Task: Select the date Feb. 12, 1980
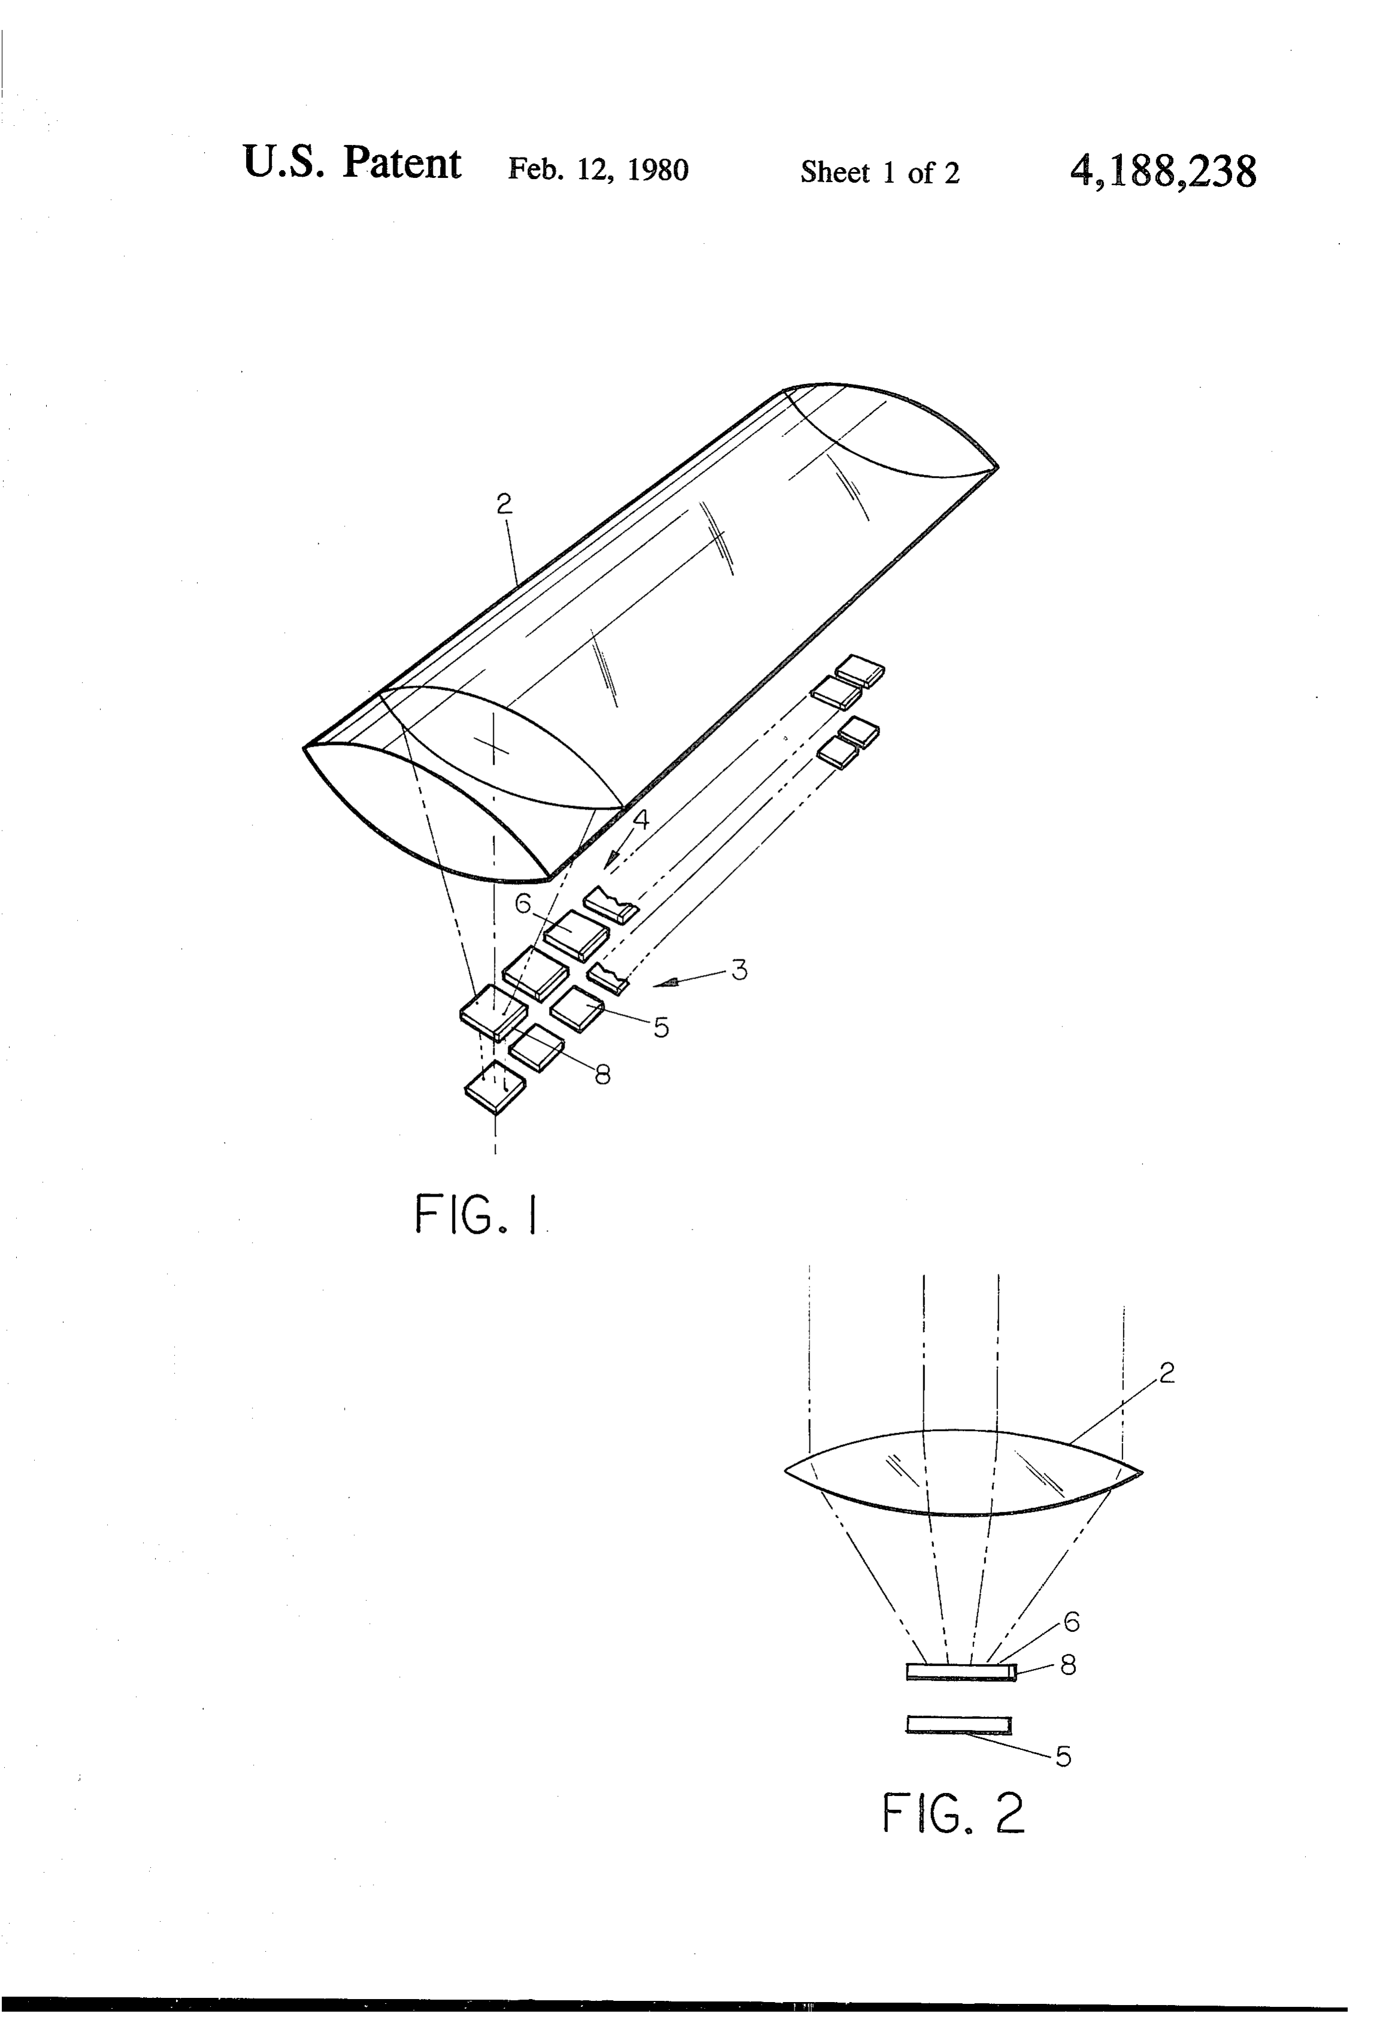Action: [598, 169]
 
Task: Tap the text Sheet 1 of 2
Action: [880, 172]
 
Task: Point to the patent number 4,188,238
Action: [1163, 170]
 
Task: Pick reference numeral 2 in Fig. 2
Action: [1166, 1373]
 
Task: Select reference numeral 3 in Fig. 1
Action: [739, 970]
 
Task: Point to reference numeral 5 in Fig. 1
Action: [661, 1028]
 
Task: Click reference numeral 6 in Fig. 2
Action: [1071, 1621]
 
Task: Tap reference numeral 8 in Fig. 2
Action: [1067, 1664]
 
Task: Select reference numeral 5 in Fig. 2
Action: [1063, 1757]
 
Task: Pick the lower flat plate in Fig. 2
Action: [958, 1726]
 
